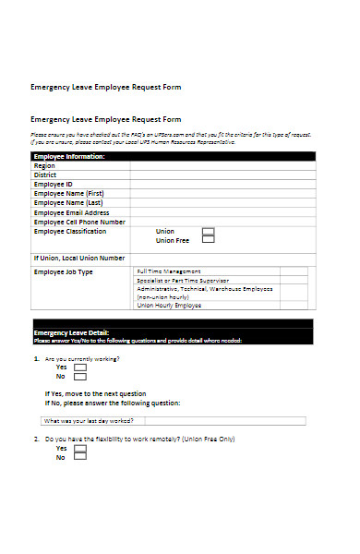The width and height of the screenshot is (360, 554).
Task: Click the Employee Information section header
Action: tap(69, 157)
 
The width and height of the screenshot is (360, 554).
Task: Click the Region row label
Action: tap(45, 165)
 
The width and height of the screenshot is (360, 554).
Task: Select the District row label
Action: tap(46, 175)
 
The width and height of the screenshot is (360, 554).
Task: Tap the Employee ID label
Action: tap(54, 184)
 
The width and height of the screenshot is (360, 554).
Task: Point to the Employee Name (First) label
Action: tap(68, 193)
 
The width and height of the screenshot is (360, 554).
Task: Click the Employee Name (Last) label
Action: tap(68, 202)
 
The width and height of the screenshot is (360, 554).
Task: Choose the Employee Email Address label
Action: tap(71, 212)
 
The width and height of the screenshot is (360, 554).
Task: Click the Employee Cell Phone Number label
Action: tap(79, 222)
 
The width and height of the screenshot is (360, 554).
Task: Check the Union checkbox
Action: tap(208, 231)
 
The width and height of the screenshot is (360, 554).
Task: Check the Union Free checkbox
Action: tap(208, 240)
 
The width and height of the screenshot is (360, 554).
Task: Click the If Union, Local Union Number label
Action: tap(79, 258)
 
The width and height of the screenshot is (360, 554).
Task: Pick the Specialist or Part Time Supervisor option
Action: tap(183, 280)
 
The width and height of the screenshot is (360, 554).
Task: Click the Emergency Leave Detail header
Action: tap(71, 332)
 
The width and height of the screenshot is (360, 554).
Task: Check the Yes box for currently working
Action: tap(80, 367)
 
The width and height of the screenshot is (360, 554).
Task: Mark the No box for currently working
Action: tap(80, 377)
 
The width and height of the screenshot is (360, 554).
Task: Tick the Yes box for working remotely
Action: tap(80, 448)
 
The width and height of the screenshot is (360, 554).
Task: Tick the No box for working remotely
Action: tap(80, 457)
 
